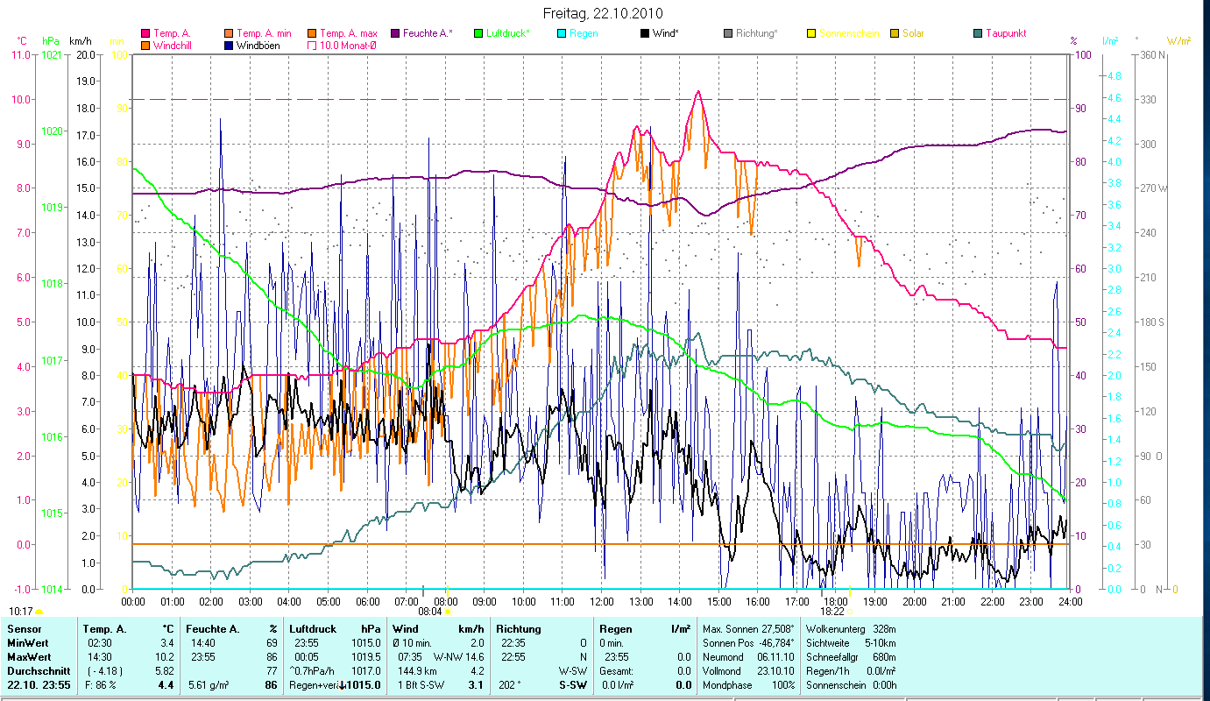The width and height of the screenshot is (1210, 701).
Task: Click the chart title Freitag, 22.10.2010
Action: (603, 13)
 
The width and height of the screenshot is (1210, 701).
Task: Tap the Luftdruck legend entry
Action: (507, 33)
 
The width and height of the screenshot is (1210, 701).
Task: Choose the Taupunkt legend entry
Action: (1005, 33)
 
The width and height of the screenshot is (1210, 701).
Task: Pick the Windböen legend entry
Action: (258, 45)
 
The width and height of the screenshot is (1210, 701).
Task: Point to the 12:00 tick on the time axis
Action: (602, 602)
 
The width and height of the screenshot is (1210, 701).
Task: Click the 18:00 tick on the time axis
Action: (836, 602)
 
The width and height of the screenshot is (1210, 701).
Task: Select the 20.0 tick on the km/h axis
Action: (86, 55)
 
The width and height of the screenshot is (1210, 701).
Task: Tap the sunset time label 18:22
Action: (831, 612)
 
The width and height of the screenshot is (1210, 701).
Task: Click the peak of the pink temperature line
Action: (697, 91)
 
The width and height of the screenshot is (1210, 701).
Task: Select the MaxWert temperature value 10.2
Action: (166, 656)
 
